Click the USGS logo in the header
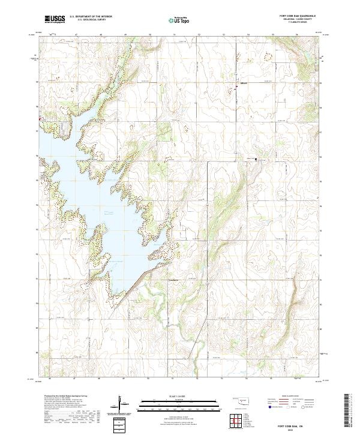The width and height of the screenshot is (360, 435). [55, 19]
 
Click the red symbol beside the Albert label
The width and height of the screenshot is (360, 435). [236, 88]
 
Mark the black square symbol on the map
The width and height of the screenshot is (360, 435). [257, 160]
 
